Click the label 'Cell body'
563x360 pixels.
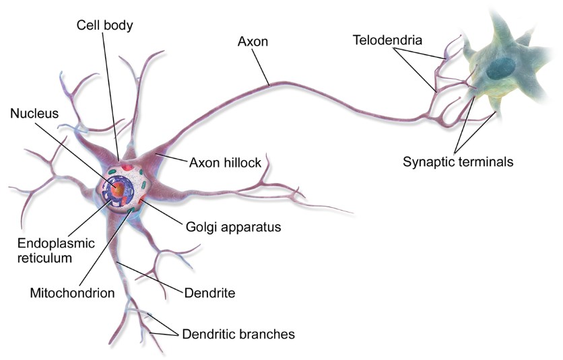(104, 26)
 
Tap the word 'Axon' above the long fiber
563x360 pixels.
(253, 41)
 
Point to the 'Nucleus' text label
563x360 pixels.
(34, 114)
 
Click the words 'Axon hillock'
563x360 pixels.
(225, 163)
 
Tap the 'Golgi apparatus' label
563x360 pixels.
(232, 227)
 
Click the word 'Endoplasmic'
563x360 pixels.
(49, 242)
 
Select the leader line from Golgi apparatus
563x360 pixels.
(162, 211)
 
